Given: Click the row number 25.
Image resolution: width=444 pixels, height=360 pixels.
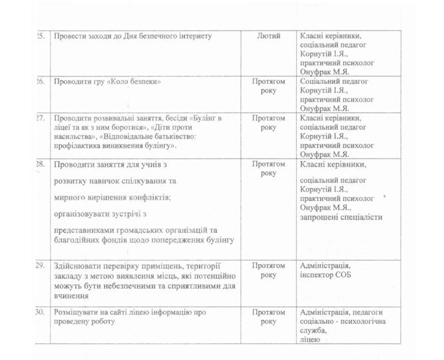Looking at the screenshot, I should tap(39, 35).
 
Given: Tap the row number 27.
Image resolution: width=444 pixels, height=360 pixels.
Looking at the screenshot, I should tap(39, 117).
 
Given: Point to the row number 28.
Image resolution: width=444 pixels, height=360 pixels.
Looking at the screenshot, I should tap(39, 163).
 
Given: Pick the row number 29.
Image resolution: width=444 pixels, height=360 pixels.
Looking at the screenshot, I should tap(39, 266).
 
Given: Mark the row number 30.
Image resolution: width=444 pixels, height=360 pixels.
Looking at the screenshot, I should tap(39, 312).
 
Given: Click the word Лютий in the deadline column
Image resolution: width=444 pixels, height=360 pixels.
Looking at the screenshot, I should tap(268, 35).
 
